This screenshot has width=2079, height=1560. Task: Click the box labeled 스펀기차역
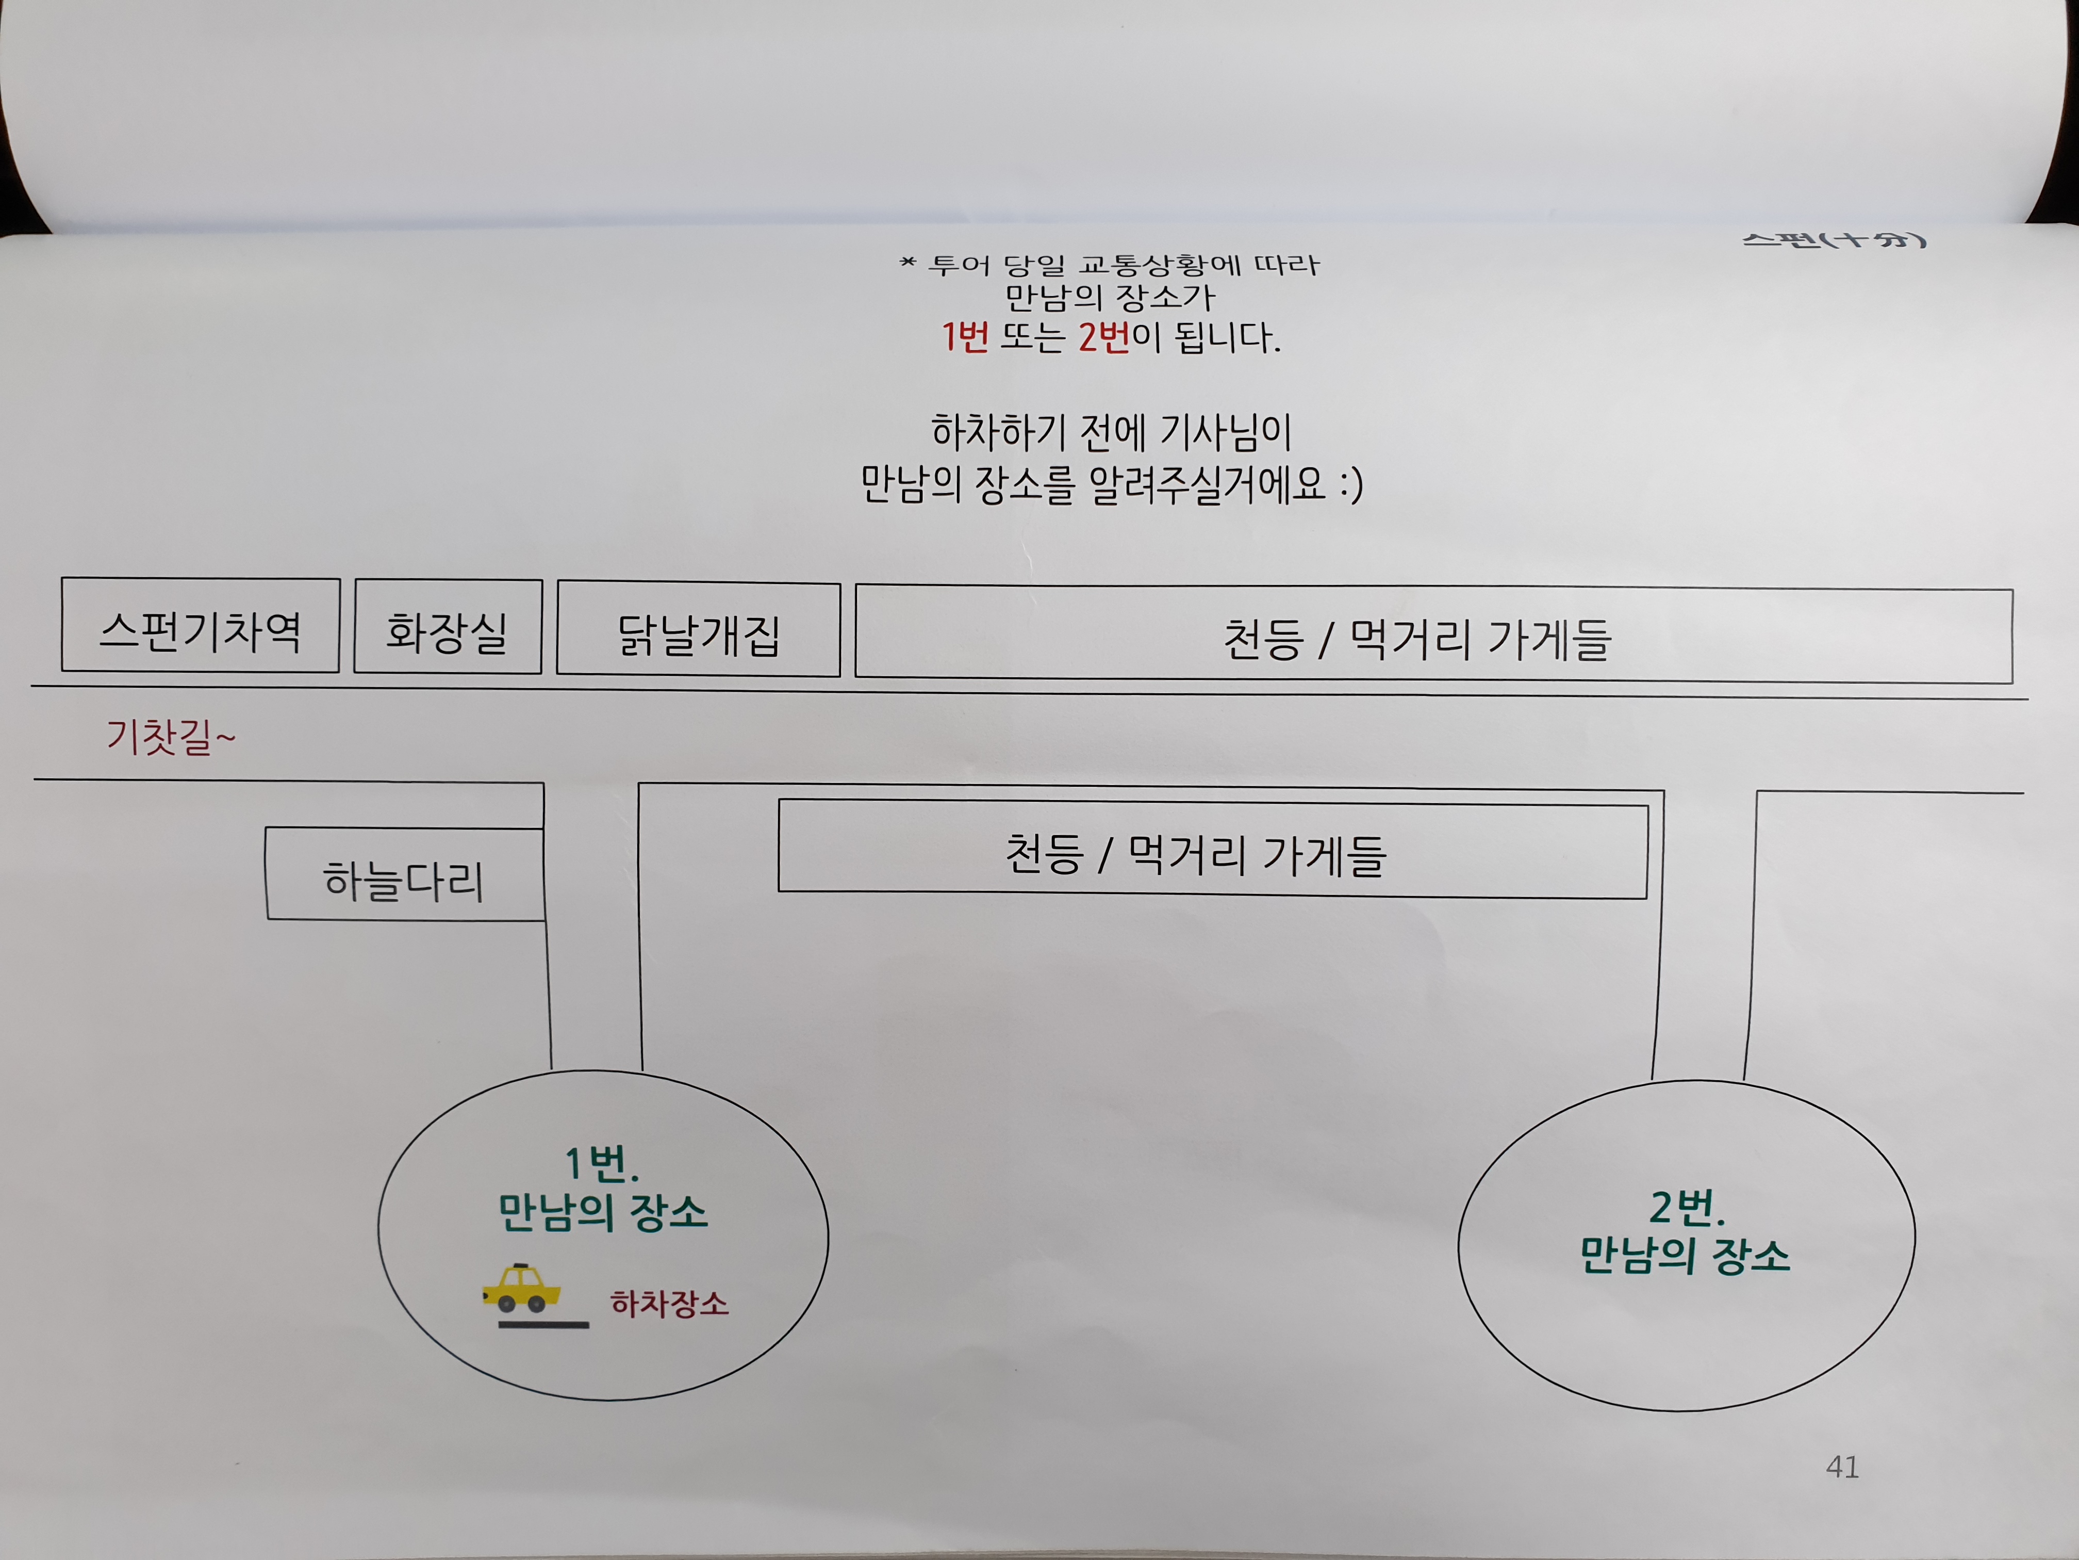click(x=200, y=625)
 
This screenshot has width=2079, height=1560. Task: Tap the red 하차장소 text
click(x=669, y=1303)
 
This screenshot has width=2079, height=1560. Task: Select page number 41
click(x=1842, y=1467)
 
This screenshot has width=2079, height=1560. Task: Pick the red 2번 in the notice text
click(x=1103, y=337)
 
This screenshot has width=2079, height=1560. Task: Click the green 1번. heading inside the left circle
click(x=602, y=1164)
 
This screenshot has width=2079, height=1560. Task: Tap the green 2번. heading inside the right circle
click(x=1687, y=1207)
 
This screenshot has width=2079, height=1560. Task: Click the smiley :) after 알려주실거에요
click(x=1350, y=484)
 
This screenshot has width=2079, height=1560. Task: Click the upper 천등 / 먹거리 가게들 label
click(x=1417, y=639)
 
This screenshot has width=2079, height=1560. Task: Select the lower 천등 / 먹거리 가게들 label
click(x=1196, y=854)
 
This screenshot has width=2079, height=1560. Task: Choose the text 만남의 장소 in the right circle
click(x=1685, y=1255)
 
